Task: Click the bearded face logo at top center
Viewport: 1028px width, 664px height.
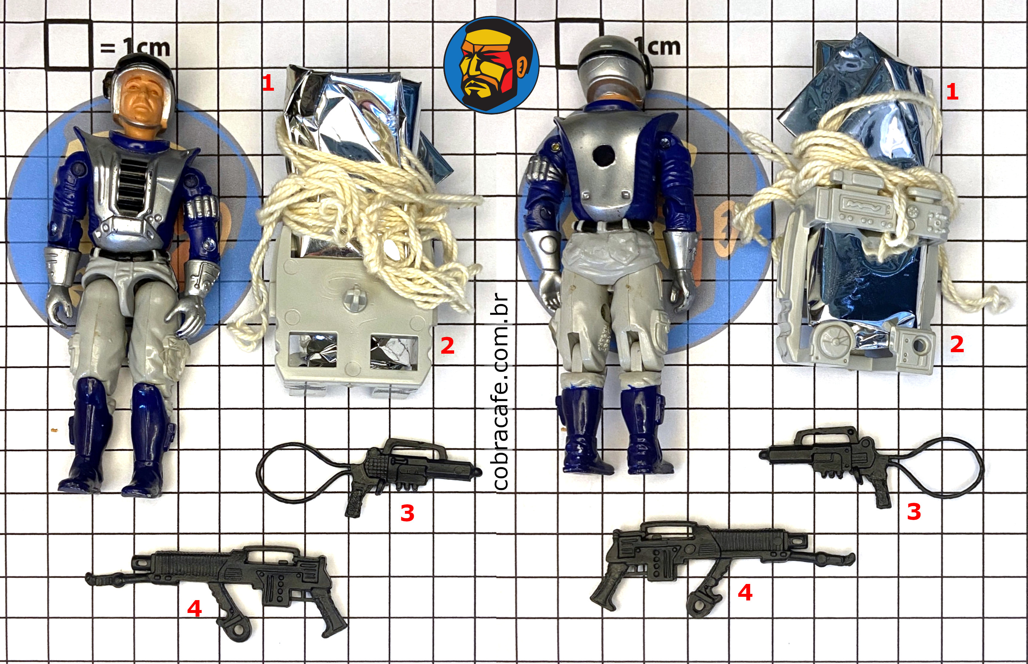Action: click(x=491, y=65)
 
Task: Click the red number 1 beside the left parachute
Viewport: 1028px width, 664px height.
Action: click(x=268, y=82)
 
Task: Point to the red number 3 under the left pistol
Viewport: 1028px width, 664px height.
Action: click(x=407, y=513)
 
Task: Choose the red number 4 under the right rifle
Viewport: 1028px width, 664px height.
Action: click(x=745, y=592)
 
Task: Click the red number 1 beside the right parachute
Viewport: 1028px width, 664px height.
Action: click(x=952, y=91)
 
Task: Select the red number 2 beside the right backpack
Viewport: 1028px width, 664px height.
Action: click(x=957, y=344)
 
